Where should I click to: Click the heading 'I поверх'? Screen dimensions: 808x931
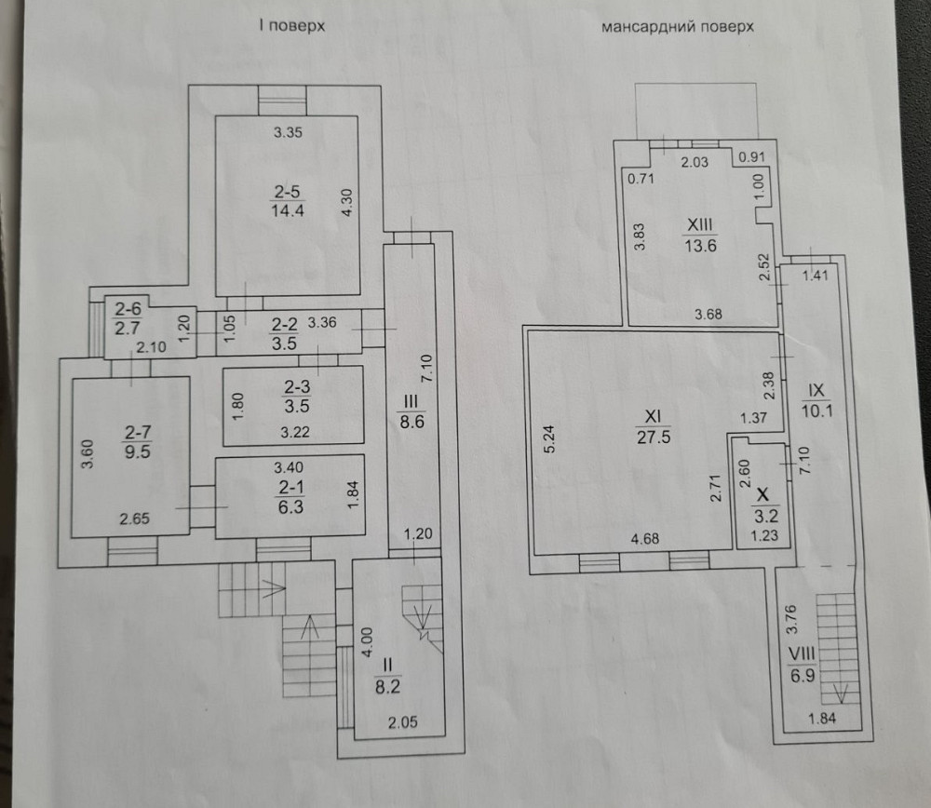coord(291,27)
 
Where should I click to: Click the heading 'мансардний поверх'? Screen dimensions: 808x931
coord(677,27)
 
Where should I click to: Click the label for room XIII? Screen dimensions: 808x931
coord(698,236)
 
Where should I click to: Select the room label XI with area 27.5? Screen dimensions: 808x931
coord(652,424)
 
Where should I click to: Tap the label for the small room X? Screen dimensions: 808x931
coord(763,501)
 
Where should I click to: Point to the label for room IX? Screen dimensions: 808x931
coord(817,401)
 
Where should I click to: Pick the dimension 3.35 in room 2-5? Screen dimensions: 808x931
coord(288,133)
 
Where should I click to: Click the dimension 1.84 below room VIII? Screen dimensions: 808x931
coord(822,717)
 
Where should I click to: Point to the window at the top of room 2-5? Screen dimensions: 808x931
coord(282,98)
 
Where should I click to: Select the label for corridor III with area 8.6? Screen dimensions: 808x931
coord(411,411)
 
